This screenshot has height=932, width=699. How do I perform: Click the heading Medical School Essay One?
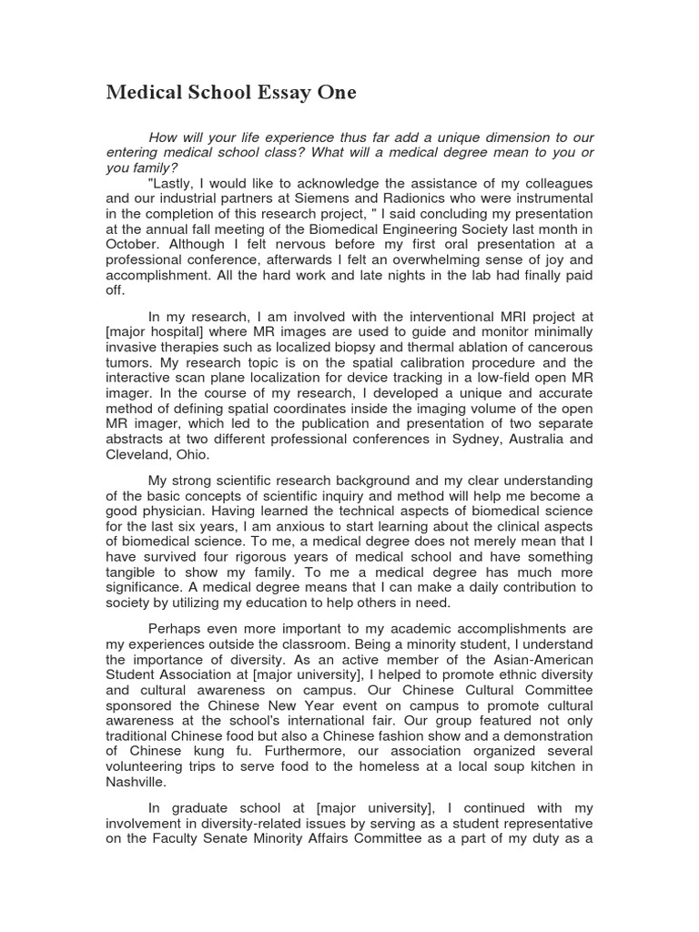point(231,93)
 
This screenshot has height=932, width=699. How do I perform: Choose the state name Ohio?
point(195,453)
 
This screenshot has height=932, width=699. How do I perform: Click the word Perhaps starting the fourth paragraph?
point(176,629)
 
